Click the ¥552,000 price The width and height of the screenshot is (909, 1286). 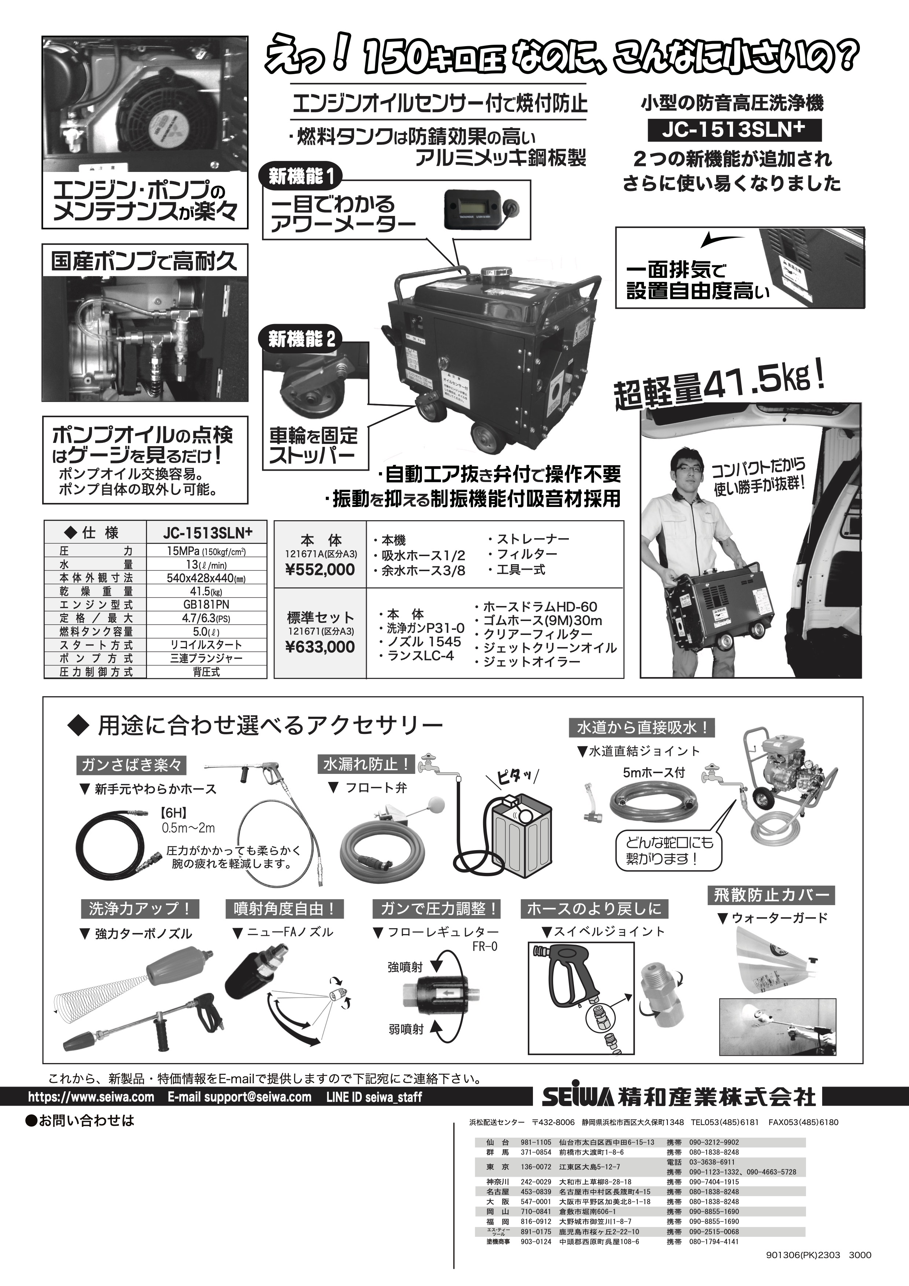pos(320,570)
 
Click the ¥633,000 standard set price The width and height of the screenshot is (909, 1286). pos(320,647)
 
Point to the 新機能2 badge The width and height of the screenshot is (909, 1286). pos(302,340)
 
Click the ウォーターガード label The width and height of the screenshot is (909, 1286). pos(779,918)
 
